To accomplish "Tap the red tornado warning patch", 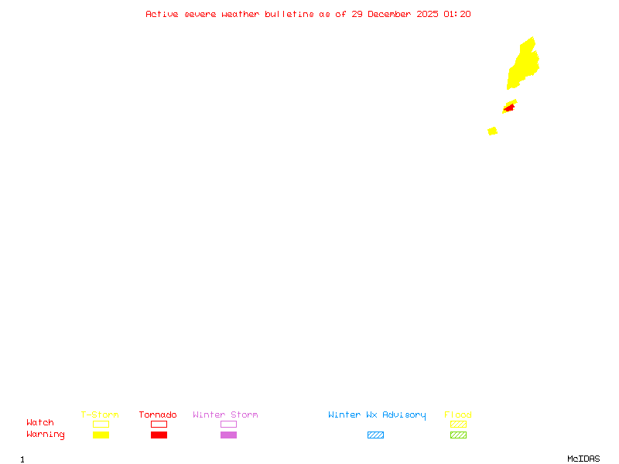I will pos(508,108).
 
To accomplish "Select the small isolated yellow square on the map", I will pos(492,131).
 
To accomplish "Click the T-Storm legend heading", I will pos(100,415).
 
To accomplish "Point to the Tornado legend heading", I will pos(158,415).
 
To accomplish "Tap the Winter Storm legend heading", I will pos(225,415).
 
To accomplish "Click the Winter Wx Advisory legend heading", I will pos(377,415).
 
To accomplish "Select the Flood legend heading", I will pos(458,415).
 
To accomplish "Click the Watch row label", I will pos(40,423).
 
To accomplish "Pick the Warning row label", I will pos(46,435).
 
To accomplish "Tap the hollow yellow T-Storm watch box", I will pos(101,424).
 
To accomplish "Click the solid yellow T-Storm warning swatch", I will pos(101,435).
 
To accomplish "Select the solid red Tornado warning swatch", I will pos(159,435).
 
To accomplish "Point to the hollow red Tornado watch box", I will pos(159,424).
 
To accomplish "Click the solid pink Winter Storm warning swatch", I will pos(228,435).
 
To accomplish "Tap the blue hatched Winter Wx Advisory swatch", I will pos(375,435).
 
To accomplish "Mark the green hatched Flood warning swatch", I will pos(458,435).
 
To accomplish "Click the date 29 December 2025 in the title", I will pos(395,14).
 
